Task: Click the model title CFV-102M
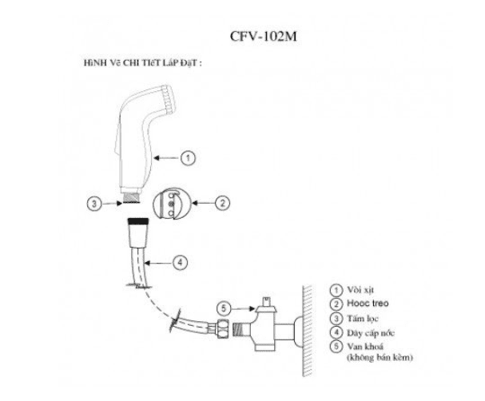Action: (263, 36)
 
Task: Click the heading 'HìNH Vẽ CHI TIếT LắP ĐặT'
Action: (142, 63)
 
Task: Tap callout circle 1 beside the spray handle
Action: (188, 158)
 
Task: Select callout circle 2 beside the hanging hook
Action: (222, 203)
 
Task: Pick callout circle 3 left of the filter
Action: (94, 204)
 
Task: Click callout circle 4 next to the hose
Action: (180, 263)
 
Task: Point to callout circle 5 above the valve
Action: (224, 308)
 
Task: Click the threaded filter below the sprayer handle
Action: (132, 197)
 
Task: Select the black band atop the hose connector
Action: (138, 220)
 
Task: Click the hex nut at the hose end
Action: (224, 328)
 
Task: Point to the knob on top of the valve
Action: (266, 301)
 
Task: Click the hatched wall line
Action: (307, 331)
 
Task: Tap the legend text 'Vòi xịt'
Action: (360, 290)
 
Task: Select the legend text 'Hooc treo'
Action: (368, 304)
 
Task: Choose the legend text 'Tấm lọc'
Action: (363, 319)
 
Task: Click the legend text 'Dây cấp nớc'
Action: (371, 333)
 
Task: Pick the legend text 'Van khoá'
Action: (365, 346)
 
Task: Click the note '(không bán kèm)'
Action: (380, 358)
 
